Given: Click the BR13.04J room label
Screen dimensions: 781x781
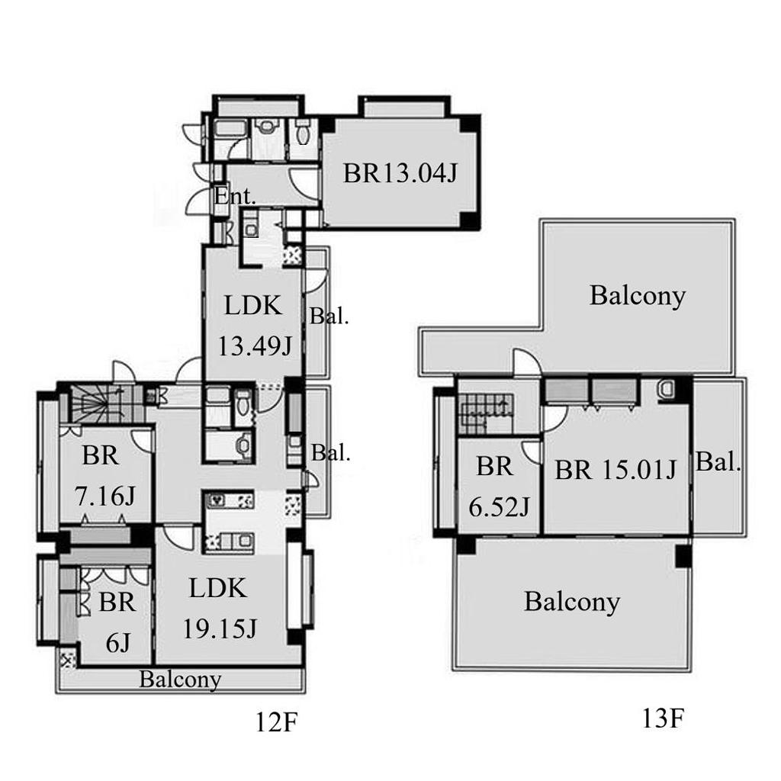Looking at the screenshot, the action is tap(400, 174).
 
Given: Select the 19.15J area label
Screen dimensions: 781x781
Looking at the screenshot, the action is tap(220, 628).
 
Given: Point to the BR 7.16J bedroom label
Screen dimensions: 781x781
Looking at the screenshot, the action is tap(104, 476).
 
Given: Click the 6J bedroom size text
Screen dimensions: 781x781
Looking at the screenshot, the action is tap(118, 643).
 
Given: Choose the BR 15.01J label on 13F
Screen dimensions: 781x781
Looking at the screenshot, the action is tap(615, 469).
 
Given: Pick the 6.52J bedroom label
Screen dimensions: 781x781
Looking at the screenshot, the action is tap(499, 508).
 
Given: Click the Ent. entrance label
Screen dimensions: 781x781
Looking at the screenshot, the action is tap(235, 196).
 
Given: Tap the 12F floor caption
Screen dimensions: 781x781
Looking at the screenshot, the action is tap(276, 722).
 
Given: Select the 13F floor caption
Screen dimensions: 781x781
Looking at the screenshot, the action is tap(663, 718).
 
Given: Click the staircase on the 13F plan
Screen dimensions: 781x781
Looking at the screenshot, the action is tap(486, 413).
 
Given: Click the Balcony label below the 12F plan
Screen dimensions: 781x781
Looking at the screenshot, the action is tap(180, 680).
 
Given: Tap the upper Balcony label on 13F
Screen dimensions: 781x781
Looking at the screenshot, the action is tap(638, 296).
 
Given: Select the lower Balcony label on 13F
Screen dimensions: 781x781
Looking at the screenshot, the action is tap(572, 602).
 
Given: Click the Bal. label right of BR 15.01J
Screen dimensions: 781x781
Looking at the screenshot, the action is tap(718, 461).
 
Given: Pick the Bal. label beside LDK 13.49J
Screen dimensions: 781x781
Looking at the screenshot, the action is tap(329, 316).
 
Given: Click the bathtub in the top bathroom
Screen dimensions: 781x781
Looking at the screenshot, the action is tap(230, 128).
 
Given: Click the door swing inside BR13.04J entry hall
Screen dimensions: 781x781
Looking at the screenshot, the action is tap(304, 185).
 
